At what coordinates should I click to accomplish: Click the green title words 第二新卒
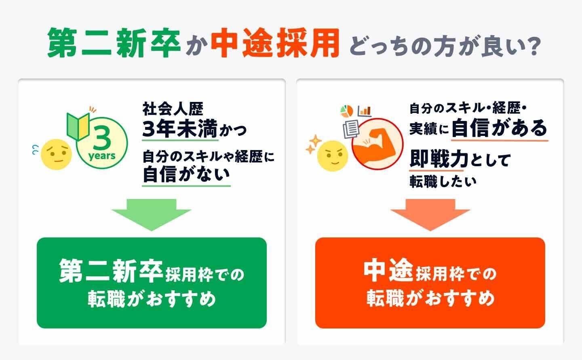[x=114, y=43]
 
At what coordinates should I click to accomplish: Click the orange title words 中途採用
[x=274, y=43]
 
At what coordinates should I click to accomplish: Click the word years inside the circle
[x=102, y=156]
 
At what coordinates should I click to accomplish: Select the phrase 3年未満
[x=180, y=129]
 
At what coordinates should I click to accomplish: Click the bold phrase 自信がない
[x=186, y=175]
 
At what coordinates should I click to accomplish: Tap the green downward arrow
[x=152, y=214]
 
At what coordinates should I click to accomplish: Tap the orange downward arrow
[x=430, y=214]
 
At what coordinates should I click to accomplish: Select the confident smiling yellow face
[x=333, y=155]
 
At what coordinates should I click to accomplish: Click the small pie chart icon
[x=346, y=110]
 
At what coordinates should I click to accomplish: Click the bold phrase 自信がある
[x=499, y=128]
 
